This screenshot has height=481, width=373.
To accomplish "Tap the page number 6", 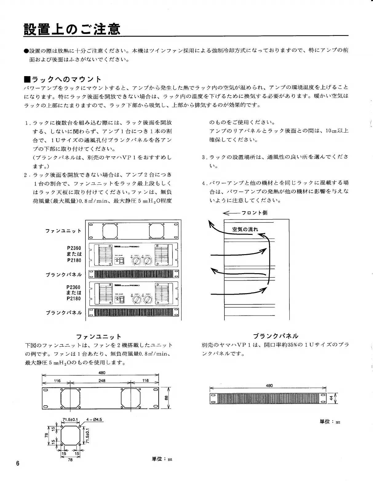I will [18, 463].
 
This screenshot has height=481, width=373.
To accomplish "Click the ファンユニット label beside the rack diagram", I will [63, 231].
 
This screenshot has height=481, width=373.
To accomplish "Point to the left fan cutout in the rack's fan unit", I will [110, 231].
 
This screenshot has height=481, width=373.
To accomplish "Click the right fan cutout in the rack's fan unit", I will [157, 231].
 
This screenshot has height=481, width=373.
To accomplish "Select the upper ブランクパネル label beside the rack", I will [64, 274].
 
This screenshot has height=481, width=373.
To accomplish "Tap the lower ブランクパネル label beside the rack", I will [64, 313].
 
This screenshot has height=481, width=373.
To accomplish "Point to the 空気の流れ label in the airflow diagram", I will [245, 229].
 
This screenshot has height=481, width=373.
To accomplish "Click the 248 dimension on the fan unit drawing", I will [102, 381].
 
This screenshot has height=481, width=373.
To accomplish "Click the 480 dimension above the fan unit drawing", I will [102, 373].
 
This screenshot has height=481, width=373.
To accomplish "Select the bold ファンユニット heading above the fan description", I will [98, 336].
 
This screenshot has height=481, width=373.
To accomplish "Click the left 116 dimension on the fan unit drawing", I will [57, 381].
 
